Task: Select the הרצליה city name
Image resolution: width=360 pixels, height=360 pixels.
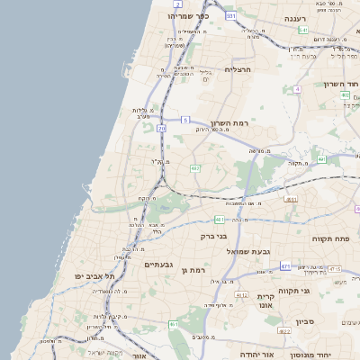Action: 242,69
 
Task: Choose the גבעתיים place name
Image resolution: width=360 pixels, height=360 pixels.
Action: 158,265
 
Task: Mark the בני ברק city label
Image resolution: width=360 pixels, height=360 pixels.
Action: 214,236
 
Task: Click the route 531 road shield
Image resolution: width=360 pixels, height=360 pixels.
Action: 231,16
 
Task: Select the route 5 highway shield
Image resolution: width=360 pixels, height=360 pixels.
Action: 184,119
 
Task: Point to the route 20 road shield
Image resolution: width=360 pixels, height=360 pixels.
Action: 162,130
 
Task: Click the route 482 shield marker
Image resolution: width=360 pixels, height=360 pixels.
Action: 195,168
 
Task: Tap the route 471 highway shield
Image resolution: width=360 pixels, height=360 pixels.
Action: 285,266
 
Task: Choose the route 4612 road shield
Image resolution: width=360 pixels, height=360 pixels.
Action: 241,294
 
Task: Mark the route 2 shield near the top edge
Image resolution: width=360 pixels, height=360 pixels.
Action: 178,4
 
